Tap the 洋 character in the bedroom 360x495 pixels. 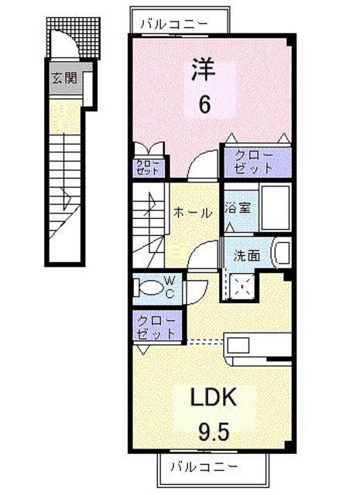click(203, 70)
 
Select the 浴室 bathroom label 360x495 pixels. click(238, 207)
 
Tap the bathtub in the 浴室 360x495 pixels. click(274, 207)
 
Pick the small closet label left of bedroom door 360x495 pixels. click(148, 167)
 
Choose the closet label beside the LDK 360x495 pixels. click(154, 326)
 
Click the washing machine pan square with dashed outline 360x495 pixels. click(242, 287)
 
